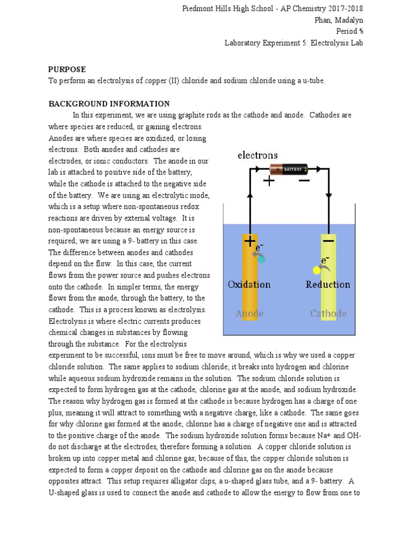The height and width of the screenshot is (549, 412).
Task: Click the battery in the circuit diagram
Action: pyautogui.click(x=288, y=169)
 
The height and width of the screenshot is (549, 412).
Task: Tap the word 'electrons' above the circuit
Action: pyautogui.click(x=257, y=155)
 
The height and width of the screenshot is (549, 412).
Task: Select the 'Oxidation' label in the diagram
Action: pyautogui.click(x=249, y=284)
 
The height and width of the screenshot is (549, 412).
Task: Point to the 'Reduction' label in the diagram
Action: pyautogui.click(x=328, y=284)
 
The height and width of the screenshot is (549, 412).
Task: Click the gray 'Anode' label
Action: pyautogui.click(x=249, y=314)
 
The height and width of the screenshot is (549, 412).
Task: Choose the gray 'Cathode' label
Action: pyautogui.click(x=328, y=314)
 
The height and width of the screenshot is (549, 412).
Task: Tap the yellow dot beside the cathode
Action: pyautogui.click(x=317, y=270)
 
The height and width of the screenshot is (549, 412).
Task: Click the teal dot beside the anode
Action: pyautogui.click(x=261, y=259)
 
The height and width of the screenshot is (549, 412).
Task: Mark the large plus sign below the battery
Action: pyautogui.click(x=269, y=181)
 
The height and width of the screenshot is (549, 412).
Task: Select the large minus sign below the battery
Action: pyautogui.click(x=304, y=181)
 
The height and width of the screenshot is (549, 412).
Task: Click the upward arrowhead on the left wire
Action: pyautogui.click(x=249, y=197)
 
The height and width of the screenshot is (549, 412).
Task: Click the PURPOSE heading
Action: pyautogui.click(x=67, y=69)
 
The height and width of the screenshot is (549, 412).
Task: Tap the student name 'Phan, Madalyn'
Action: pyautogui.click(x=339, y=20)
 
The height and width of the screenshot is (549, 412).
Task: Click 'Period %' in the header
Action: pyautogui.click(x=350, y=31)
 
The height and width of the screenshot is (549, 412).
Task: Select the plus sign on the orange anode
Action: pyautogui.click(x=249, y=241)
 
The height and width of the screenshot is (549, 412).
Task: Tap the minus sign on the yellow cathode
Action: pyautogui.click(x=328, y=241)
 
